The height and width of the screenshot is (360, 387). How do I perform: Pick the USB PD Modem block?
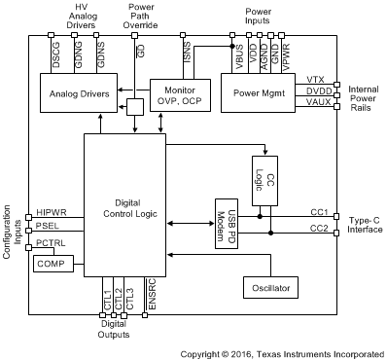point(227,224)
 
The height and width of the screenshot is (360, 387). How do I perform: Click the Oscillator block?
point(272,288)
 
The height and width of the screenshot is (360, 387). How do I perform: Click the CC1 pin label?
point(318,211)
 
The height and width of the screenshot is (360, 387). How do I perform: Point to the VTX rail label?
point(315,79)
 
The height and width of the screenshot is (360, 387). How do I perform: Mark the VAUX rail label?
point(317,102)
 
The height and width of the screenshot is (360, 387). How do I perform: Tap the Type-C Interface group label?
point(365,225)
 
